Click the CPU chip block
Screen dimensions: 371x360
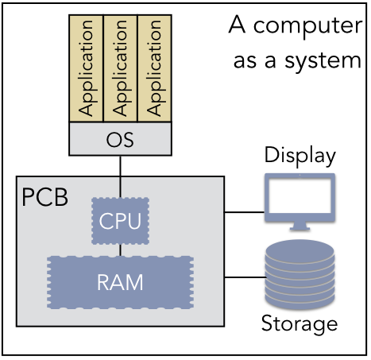[x=120, y=221]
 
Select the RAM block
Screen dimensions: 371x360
[x=120, y=282]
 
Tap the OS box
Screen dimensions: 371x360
[x=120, y=139]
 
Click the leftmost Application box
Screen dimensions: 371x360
[x=86, y=68]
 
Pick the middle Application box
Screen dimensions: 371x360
[x=120, y=68]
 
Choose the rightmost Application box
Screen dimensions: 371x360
[x=154, y=68]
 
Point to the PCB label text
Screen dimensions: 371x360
[x=44, y=197]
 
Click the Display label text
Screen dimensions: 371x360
[x=300, y=156]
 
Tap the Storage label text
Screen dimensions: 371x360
[x=300, y=323]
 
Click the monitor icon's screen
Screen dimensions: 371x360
[x=300, y=195]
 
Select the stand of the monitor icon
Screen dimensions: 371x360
[x=300, y=226]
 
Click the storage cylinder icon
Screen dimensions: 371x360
[x=300, y=274]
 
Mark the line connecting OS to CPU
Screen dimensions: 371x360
[x=120, y=176]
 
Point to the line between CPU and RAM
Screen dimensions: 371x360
[x=120, y=250]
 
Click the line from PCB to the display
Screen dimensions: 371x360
[x=245, y=212]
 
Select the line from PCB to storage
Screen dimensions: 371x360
[x=245, y=277]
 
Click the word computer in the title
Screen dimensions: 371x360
[x=307, y=27]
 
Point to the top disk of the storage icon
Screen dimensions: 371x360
[x=300, y=250]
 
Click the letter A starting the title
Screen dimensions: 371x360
[x=237, y=24]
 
